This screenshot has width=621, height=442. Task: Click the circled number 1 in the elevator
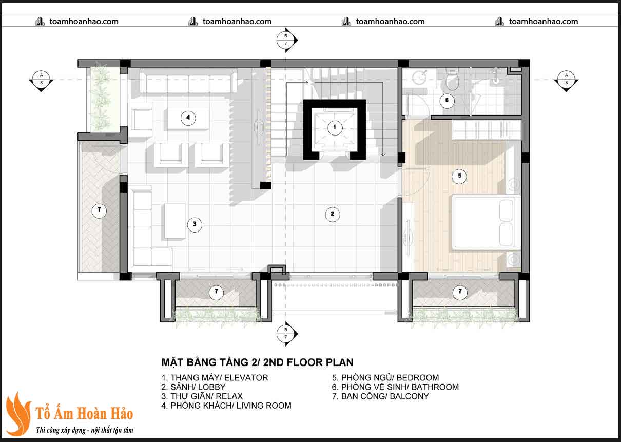[335, 127]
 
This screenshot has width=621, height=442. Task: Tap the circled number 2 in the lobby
[333, 214]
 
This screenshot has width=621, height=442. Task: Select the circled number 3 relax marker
[195, 224]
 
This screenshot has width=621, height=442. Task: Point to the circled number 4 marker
[188, 118]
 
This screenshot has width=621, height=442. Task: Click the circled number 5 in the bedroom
[459, 176]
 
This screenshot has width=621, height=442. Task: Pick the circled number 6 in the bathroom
[447, 101]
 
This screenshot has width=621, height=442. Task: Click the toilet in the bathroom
[453, 80]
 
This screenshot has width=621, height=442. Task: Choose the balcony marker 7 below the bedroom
[460, 292]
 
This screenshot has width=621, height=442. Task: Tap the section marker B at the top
[287, 40]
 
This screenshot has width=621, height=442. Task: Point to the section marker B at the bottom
[287, 334]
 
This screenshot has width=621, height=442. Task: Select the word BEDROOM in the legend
[418, 378]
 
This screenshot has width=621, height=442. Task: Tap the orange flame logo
[18, 414]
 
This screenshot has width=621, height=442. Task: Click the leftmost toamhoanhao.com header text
[84, 22]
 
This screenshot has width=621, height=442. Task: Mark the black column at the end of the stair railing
[265, 185]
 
